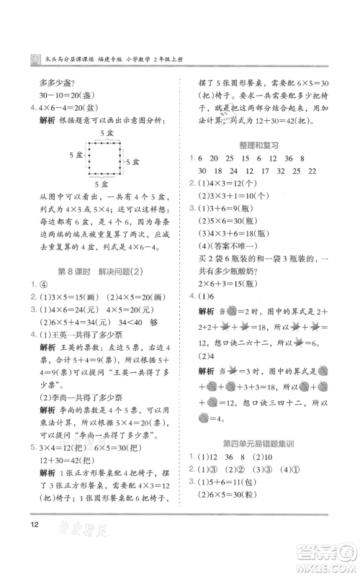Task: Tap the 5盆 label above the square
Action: [x=107, y=134]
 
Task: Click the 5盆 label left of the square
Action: [x=76, y=156]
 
